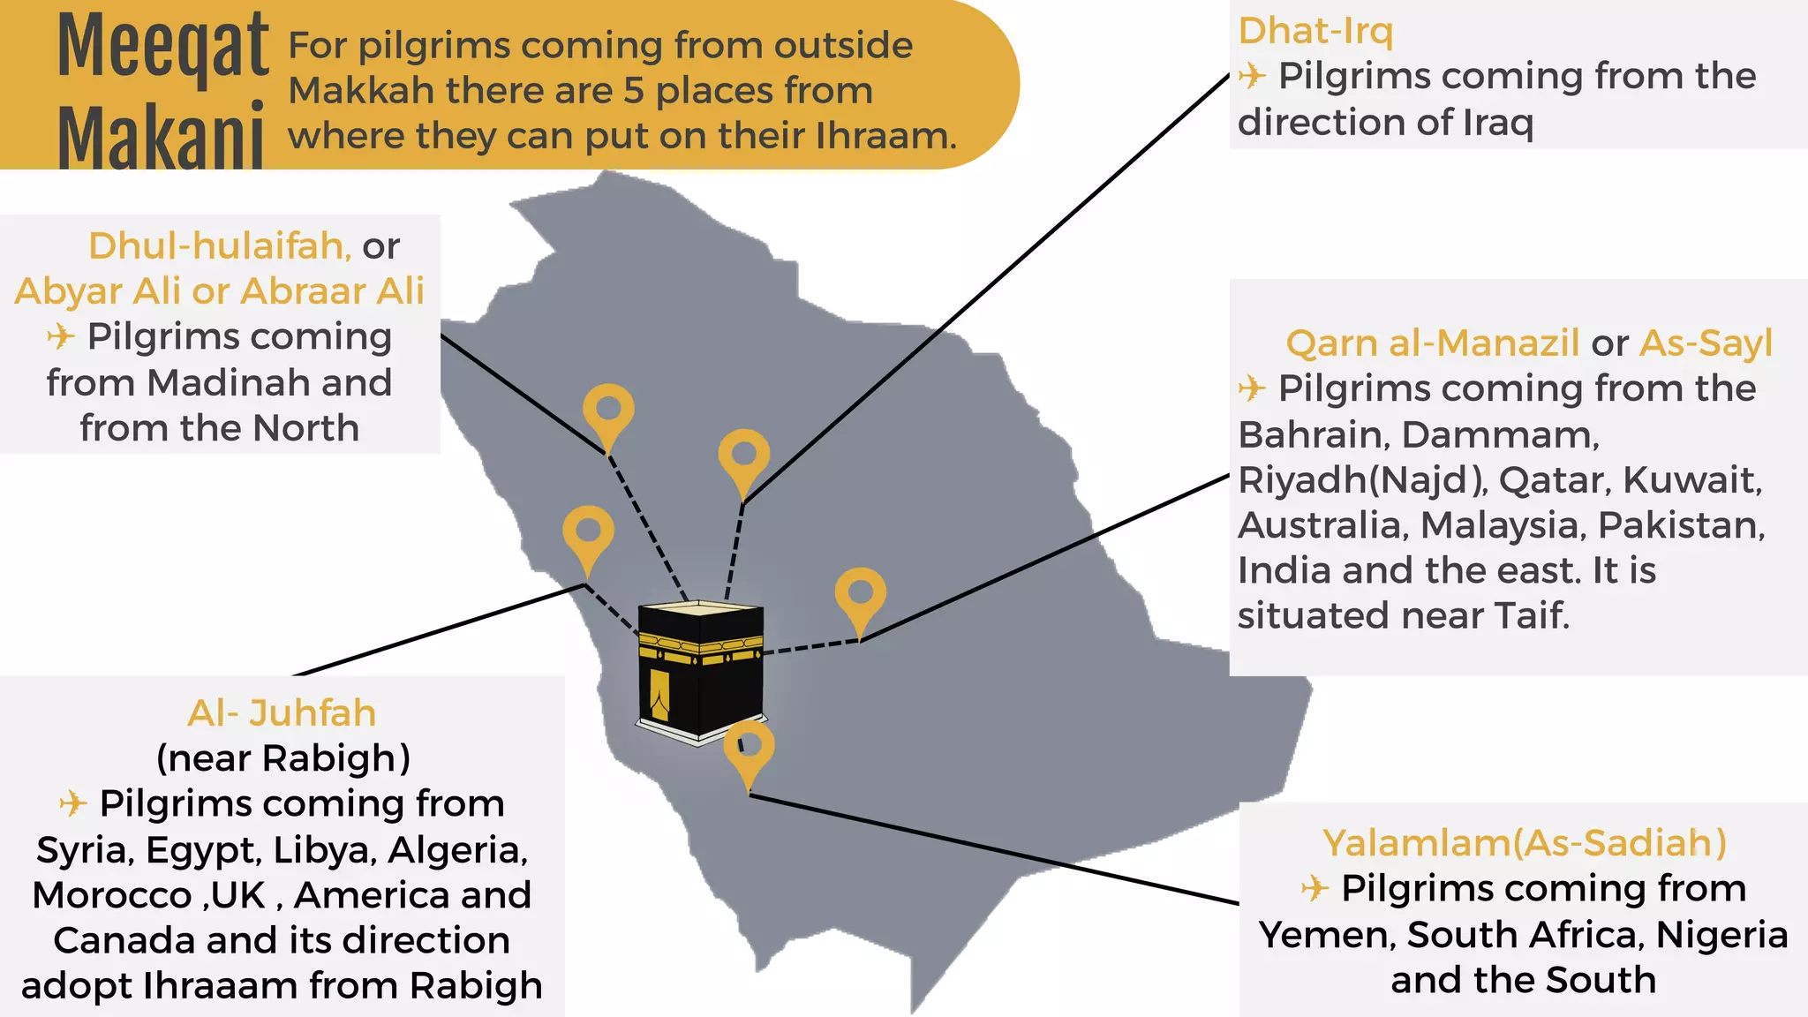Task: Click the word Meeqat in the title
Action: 163,46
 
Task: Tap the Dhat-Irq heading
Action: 1315,31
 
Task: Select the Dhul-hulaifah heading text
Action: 220,245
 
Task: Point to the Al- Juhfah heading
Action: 282,712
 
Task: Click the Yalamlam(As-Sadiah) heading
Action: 1525,843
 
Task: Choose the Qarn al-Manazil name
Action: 1432,343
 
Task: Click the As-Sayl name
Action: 1706,343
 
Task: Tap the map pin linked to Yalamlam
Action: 749,748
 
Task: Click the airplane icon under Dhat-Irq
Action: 1252,76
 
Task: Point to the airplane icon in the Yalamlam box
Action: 1315,888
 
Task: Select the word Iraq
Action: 1498,122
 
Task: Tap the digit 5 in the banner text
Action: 634,90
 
